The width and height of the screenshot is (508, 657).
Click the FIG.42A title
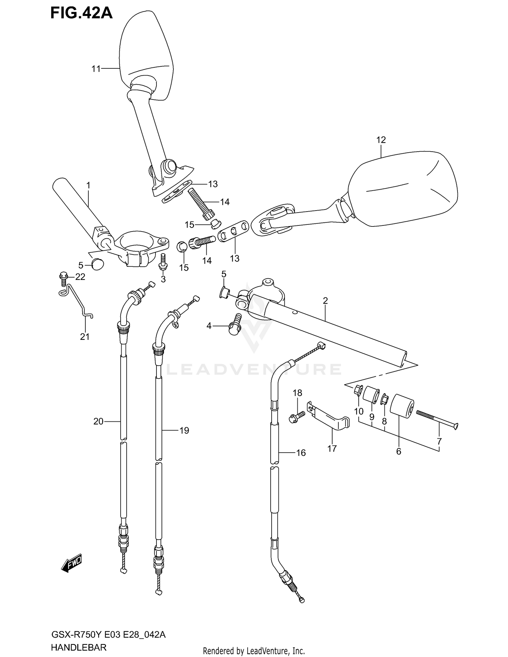pyautogui.click(x=81, y=14)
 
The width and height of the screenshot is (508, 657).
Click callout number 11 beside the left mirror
pyautogui.click(x=96, y=69)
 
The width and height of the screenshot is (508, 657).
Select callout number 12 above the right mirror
pyautogui.click(x=381, y=140)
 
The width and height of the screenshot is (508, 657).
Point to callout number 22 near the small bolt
pyautogui.click(x=80, y=277)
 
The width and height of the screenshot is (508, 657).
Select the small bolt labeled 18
pyautogui.click(x=295, y=417)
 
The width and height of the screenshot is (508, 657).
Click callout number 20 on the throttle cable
pyautogui.click(x=98, y=421)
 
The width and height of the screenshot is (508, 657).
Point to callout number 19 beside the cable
pyautogui.click(x=184, y=431)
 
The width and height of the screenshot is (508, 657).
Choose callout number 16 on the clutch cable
pyautogui.click(x=301, y=453)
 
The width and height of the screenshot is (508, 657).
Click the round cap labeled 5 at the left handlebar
pyautogui.click(x=98, y=264)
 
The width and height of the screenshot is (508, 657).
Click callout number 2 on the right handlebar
pyautogui.click(x=325, y=300)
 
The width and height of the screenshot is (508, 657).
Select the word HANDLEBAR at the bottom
pyautogui.click(x=79, y=647)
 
